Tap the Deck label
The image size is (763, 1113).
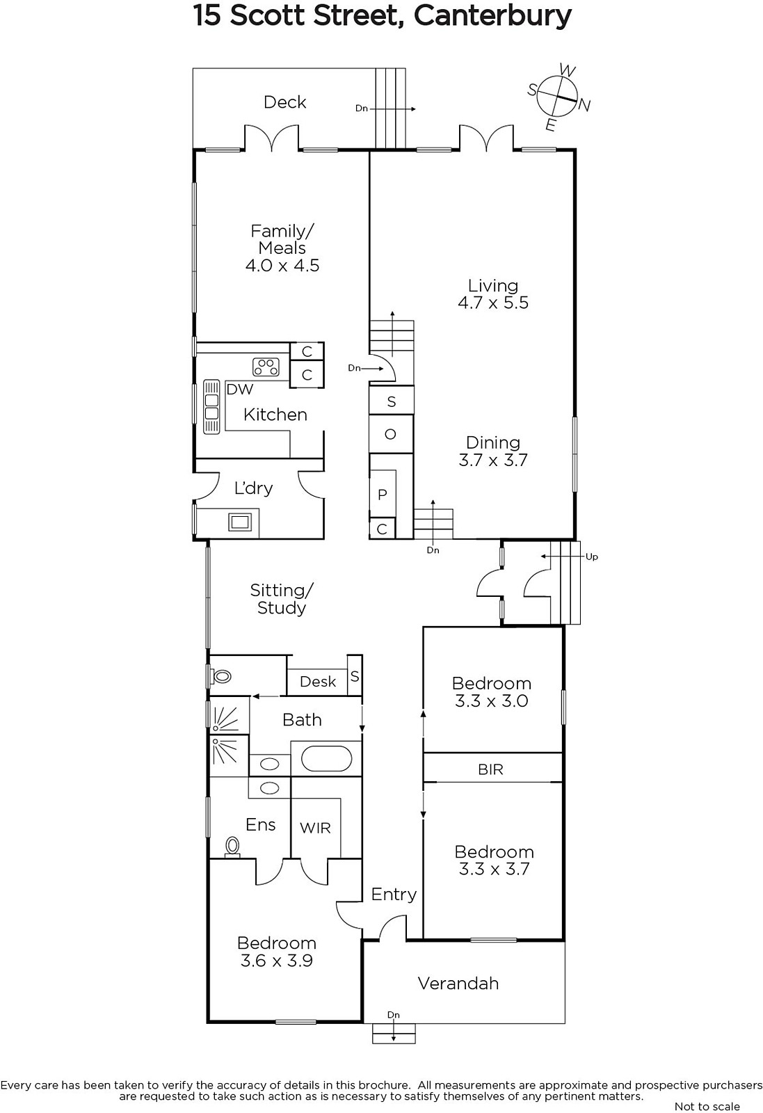[284, 102]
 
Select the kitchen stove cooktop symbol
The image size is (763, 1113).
[266, 367]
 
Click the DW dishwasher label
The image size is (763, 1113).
[239, 389]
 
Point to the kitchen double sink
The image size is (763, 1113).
[211, 407]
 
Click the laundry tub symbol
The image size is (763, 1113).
[240, 522]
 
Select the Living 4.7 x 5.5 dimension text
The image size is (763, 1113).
[492, 303]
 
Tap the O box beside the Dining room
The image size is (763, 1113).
[391, 434]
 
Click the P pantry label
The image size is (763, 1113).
[382, 495]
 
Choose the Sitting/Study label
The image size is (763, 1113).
[282, 599]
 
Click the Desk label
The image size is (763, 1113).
[318, 681]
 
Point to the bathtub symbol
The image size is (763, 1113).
[326, 759]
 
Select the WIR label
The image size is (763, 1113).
[315, 828]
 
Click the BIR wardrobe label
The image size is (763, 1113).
[491, 769]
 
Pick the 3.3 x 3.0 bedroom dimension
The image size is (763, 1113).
[491, 701]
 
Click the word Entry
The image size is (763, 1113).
[394, 895]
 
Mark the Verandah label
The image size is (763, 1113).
[458, 984]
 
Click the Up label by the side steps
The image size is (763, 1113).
[592, 557]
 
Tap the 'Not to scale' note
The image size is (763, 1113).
[707, 1106]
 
